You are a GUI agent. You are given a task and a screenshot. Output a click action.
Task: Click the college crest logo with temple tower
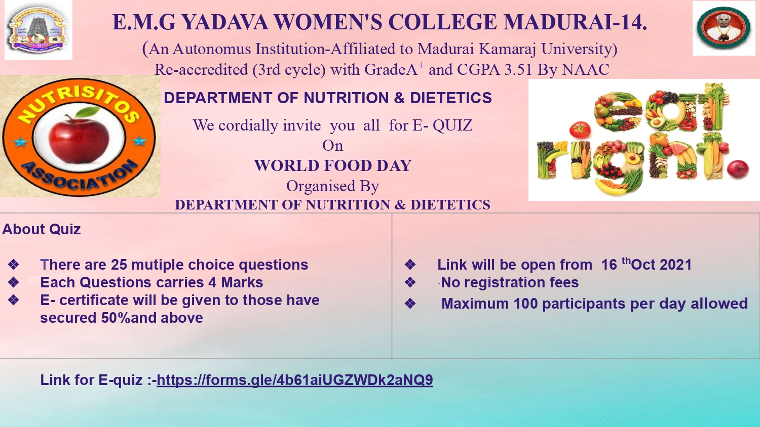click(x=39, y=29)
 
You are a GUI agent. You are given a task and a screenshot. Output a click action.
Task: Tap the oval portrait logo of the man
click(x=724, y=28)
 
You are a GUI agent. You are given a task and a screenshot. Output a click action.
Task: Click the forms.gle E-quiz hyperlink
click(x=294, y=380)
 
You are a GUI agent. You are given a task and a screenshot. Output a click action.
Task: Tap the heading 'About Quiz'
click(x=42, y=229)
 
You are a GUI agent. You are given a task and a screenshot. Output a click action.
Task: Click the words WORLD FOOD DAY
click(x=332, y=166)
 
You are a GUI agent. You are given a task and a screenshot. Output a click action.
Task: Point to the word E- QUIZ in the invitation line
click(x=442, y=125)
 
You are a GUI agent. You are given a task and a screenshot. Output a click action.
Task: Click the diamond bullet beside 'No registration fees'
click(x=410, y=282)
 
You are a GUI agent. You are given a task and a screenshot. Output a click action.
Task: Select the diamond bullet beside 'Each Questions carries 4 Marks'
click(x=14, y=282)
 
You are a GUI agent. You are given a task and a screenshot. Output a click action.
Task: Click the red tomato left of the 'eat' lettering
click(x=580, y=130)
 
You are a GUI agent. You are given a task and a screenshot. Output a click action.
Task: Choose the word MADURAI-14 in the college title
click(x=575, y=22)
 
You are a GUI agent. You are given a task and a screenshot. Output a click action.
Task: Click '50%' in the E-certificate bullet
click(x=116, y=318)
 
